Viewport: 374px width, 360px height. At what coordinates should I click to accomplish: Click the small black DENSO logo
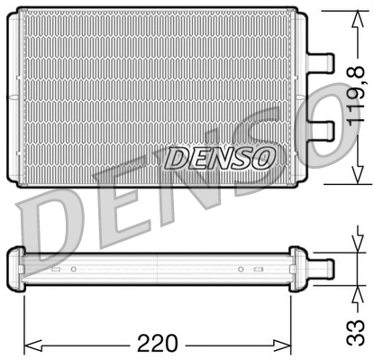(219, 157)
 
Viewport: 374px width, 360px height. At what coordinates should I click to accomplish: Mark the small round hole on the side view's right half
(240, 269)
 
